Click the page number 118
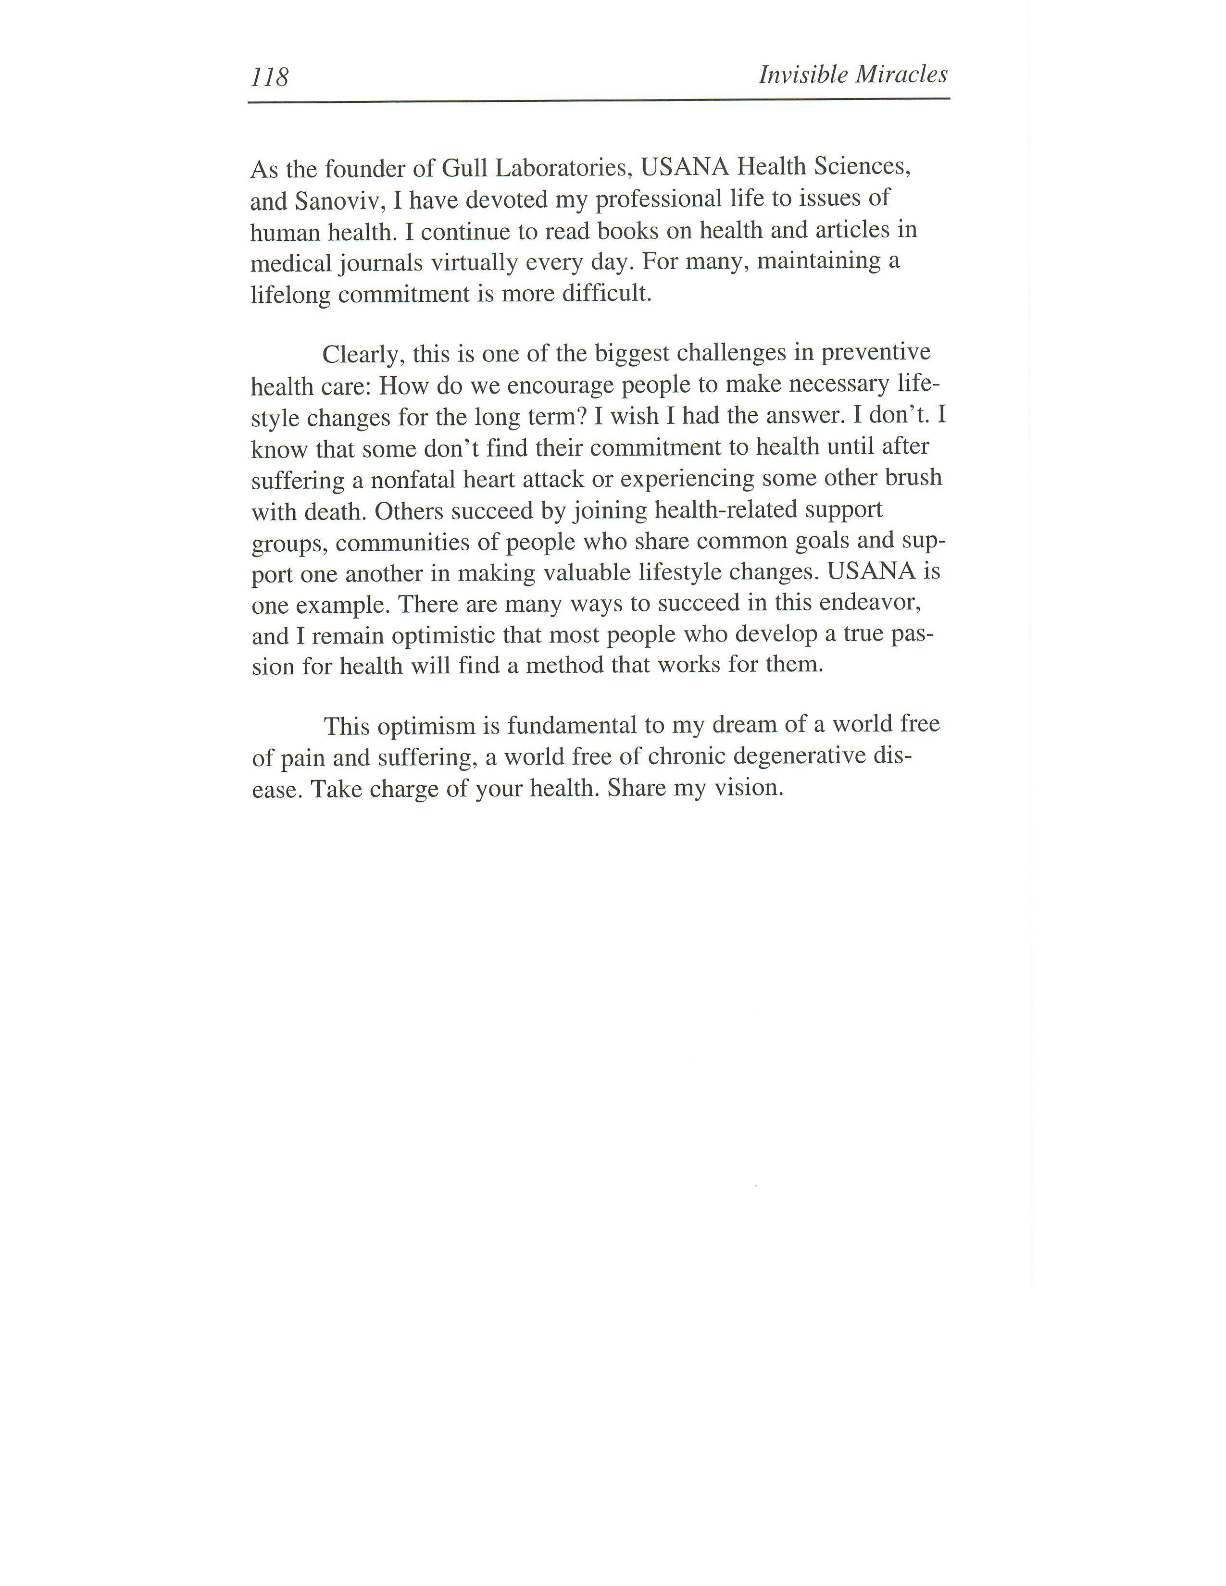point(269,77)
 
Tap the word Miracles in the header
point(901,74)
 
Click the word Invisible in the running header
point(802,74)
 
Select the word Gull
point(465,169)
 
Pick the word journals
point(381,263)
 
